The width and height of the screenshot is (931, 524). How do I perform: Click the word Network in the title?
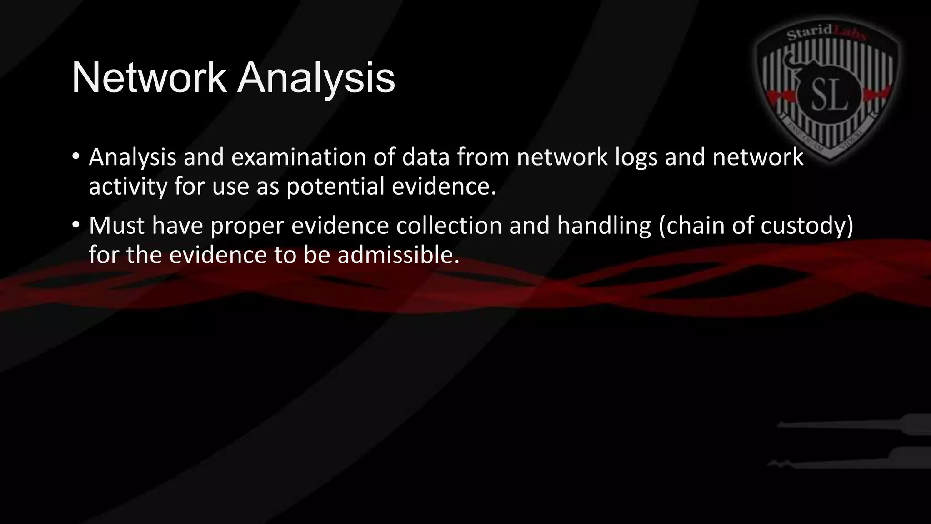click(149, 78)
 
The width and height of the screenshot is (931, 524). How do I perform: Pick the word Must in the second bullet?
click(116, 225)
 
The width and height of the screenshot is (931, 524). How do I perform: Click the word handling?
click(604, 226)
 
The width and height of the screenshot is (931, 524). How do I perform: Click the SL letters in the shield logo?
click(830, 96)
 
